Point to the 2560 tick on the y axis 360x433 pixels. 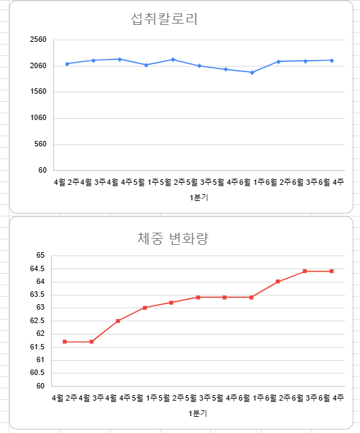[x=38, y=40]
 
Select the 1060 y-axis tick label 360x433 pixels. [x=38, y=118]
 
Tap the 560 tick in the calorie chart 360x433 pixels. [x=40, y=144]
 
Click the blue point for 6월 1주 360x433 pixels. [x=252, y=72]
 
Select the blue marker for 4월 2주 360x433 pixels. [x=67, y=64]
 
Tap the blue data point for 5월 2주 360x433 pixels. [x=173, y=59]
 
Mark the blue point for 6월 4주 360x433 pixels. [x=332, y=60]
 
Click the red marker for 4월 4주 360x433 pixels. [x=118, y=321]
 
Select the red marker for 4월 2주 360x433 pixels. [x=65, y=342]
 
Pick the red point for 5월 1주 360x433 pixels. [x=144, y=308]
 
